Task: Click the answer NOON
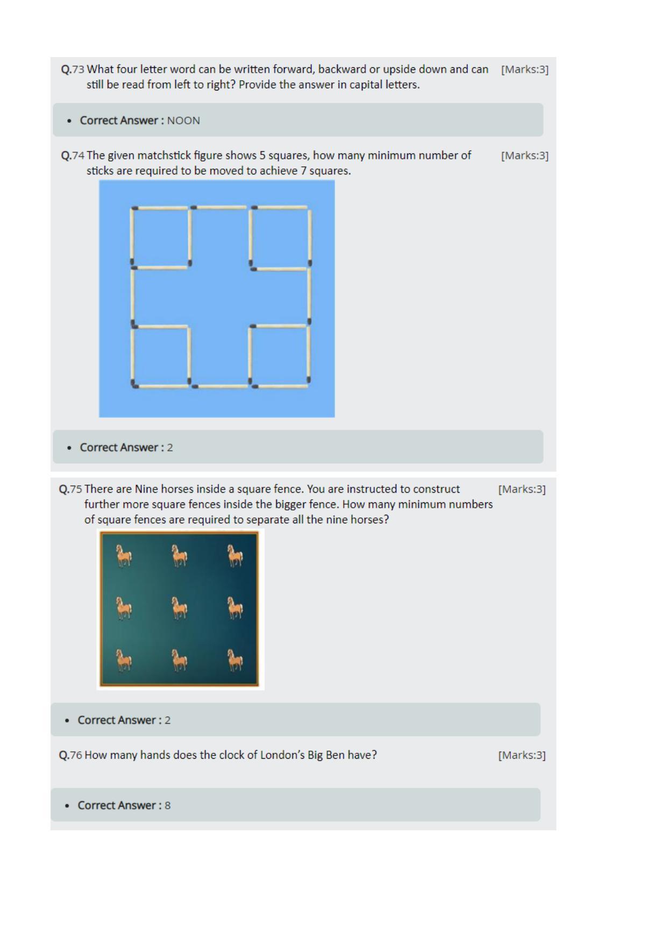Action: point(183,121)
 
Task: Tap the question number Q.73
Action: point(73,69)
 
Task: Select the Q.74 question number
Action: point(73,156)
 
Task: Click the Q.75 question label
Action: point(70,489)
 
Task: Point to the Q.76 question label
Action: point(70,755)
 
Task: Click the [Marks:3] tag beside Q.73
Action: point(525,69)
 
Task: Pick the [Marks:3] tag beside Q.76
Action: point(522,755)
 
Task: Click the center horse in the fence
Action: point(180,608)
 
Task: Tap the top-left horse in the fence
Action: point(124,556)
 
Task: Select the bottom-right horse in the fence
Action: point(235,661)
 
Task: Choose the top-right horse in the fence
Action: point(235,556)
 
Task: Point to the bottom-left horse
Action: point(124,661)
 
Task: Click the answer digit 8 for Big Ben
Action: point(168,806)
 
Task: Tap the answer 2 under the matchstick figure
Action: point(170,447)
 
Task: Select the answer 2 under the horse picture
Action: point(168,720)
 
